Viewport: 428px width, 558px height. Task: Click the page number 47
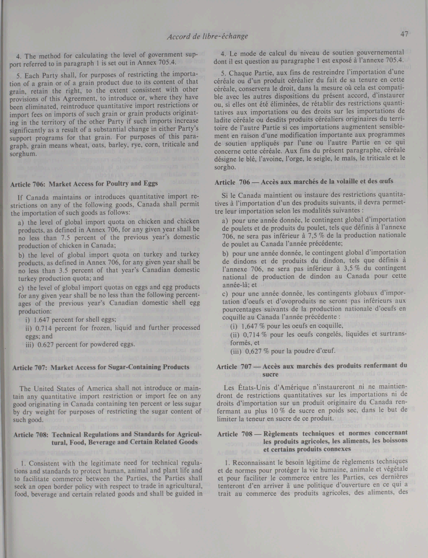[404, 34]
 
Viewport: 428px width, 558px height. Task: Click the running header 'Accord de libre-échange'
[207, 36]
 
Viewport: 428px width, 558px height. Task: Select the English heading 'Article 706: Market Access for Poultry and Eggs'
[84, 184]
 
